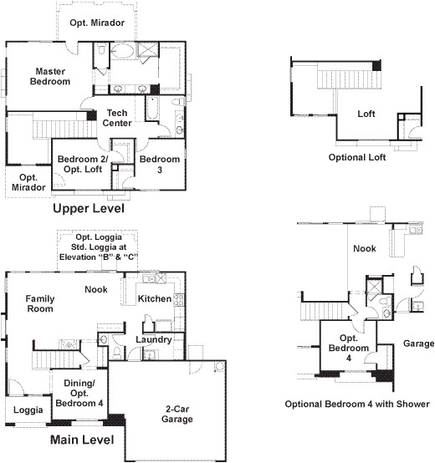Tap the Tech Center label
click(117, 118)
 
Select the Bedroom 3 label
click(158, 164)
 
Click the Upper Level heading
click(89, 209)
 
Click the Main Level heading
click(83, 439)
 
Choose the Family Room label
click(39, 303)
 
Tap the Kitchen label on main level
click(155, 299)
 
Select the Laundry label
click(154, 340)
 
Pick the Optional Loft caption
click(357, 156)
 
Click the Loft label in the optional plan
click(366, 114)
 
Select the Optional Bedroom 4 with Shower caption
click(357, 404)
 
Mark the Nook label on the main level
click(95, 289)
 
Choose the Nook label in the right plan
click(364, 248)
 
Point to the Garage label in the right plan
click(418, 343)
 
